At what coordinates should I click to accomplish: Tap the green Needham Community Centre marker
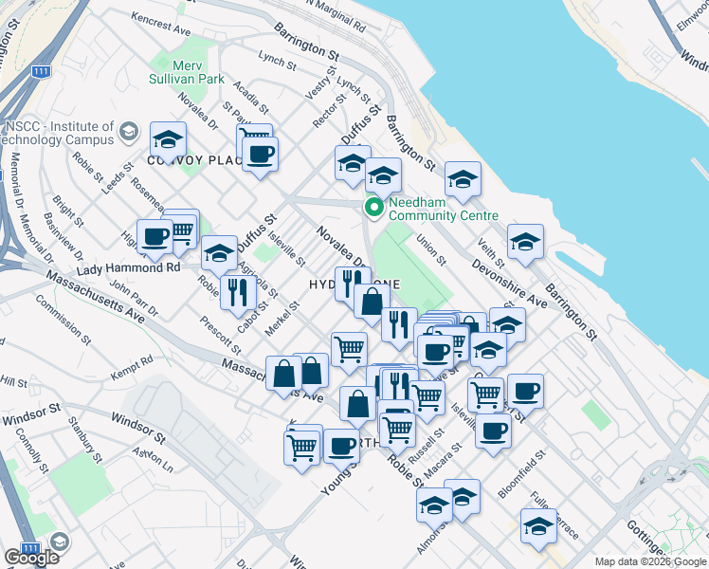coord(374,207)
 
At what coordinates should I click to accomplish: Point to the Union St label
coord(431,248)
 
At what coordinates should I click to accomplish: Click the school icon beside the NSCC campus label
coord(167,141)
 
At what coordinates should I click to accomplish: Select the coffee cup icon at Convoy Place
coord(259,153)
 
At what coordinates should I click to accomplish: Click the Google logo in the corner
coord(30,558)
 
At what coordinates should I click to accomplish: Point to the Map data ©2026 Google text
coord(649,561)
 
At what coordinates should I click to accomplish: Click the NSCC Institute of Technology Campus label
coord(59,134)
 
